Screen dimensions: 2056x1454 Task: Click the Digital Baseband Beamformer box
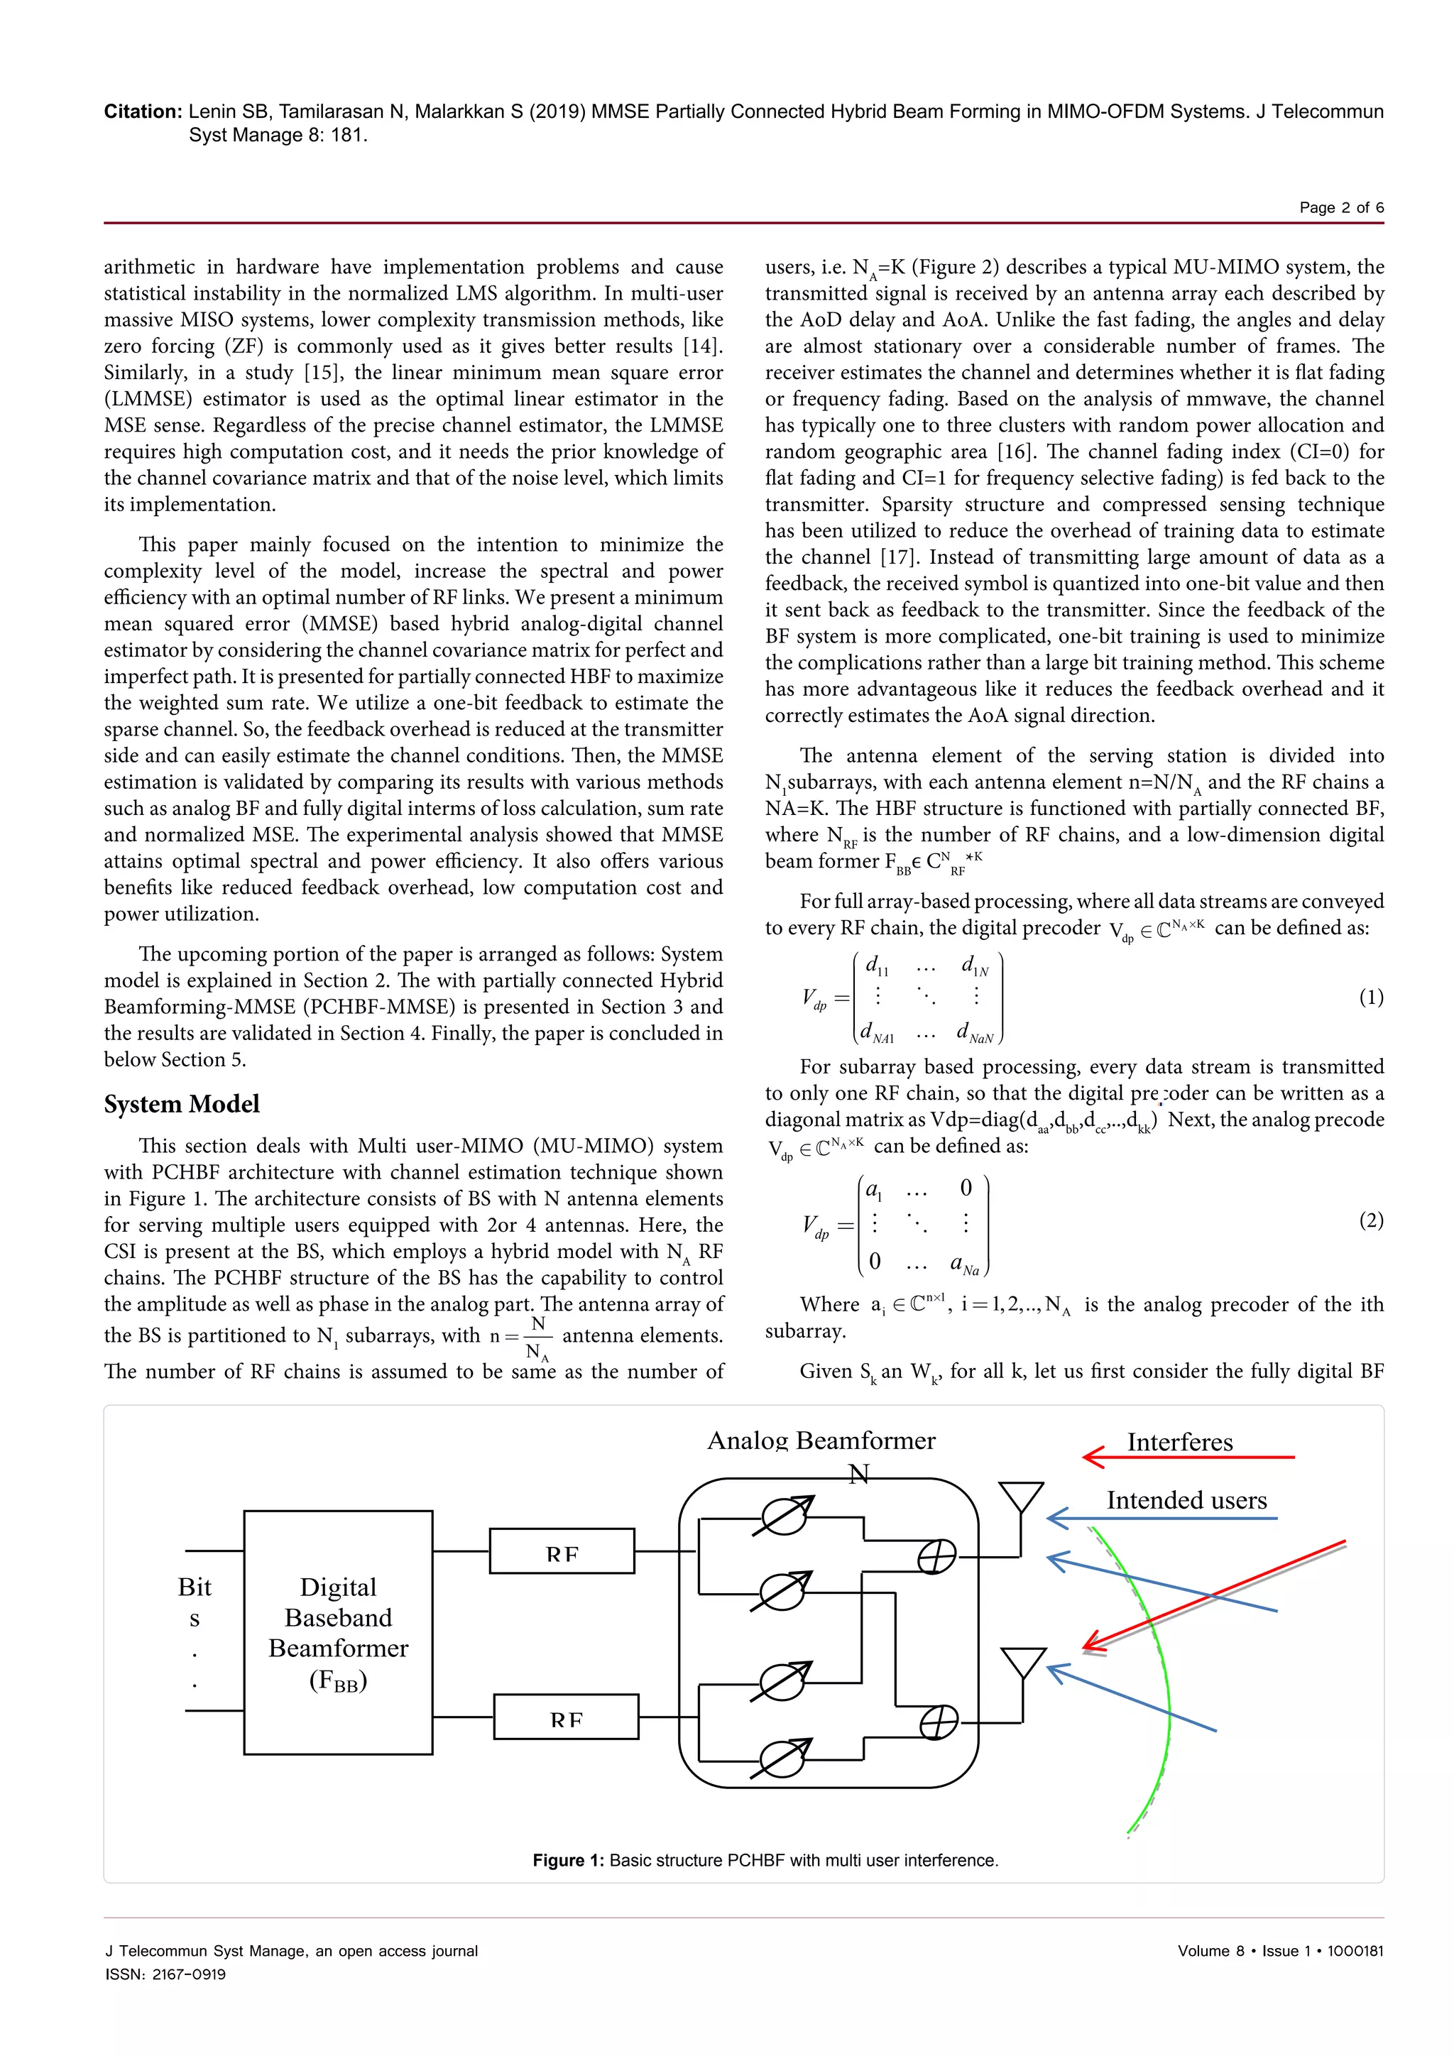point(339,1632)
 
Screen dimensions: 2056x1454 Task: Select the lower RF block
point(566,1716)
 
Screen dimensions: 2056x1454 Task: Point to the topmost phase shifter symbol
point(785,1516)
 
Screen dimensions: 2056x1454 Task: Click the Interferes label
point(1179,1443)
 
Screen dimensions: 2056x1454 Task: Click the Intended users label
point(1186,1500)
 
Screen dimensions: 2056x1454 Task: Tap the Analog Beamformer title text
point(821,1440)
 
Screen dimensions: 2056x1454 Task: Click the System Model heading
point(182,1104)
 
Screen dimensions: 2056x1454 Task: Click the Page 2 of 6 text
point(1341,208)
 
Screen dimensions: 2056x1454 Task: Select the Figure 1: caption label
point(569,1860)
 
